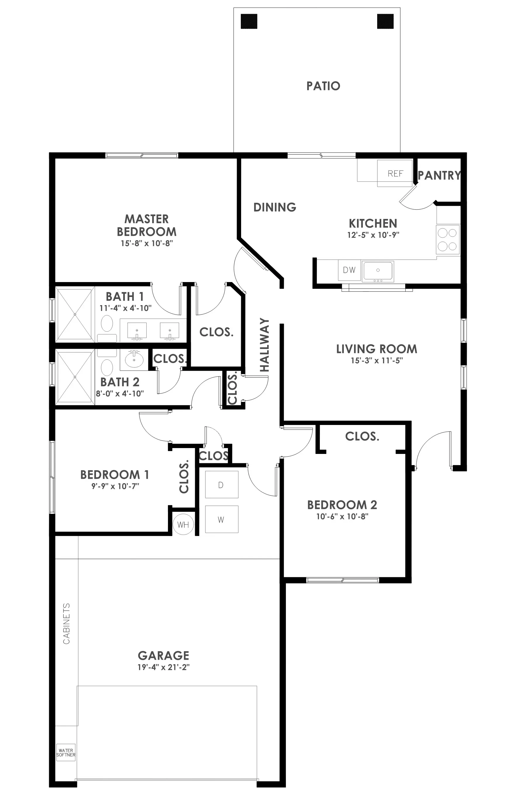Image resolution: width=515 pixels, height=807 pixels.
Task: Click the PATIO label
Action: tap(323, 86)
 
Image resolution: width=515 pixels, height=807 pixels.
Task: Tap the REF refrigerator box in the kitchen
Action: tap(395, 173)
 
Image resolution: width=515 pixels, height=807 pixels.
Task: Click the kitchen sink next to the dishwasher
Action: tap(378, 271)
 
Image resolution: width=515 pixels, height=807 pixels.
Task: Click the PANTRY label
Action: tap(439, 175)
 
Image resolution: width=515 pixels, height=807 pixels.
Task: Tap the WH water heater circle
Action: tap(183, 524)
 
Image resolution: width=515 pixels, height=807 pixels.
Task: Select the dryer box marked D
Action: tap(222, 485)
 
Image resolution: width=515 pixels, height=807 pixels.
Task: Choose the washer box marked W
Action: tap(222, 519)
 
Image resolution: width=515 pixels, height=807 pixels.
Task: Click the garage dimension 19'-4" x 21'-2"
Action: tap(163, 667)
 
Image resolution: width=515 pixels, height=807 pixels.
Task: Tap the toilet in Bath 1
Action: tap(107, 327)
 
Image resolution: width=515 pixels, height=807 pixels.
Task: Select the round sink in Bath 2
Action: tap(134, 360)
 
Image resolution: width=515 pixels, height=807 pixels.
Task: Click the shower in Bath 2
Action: tap(75, 377)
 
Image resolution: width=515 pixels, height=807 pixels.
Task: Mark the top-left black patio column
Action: tap(249, 21)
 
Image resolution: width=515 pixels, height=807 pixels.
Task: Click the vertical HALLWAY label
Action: tap(265, 345)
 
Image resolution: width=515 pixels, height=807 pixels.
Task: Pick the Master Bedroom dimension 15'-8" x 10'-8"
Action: tap(147, 243)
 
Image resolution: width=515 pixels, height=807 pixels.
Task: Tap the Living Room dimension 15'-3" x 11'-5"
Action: tap(377, 361)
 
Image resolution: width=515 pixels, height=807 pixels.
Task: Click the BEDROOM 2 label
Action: tap(342, 505)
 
